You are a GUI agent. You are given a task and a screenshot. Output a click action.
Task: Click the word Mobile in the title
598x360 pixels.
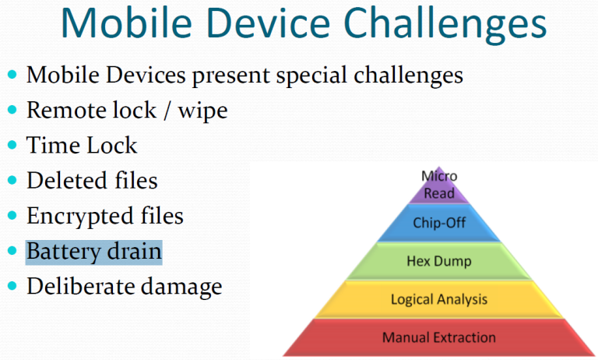tap(126, 23)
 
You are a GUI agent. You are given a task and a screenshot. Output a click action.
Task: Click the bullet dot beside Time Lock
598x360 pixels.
tap(12, 145)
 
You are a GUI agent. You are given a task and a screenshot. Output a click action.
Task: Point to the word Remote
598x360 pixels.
tap(64, 110)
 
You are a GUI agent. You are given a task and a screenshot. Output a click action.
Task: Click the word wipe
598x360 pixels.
tap(203, 112)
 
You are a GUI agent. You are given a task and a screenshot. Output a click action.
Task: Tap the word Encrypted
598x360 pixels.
tap(80, 217)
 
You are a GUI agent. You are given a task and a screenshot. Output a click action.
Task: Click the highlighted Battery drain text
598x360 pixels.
tap(93, 252)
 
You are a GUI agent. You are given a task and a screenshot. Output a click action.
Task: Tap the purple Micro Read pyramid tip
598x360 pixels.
tap(439, 185)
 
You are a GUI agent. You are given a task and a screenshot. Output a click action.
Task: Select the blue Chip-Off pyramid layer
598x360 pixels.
tap(439, 223)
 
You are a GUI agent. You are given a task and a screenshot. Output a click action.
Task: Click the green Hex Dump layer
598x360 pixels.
tap(439, 261)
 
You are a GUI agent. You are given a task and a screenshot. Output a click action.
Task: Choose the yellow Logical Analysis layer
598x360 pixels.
tap(439, 299)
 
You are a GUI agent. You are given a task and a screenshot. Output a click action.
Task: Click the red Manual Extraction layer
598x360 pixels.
tap(439, 337)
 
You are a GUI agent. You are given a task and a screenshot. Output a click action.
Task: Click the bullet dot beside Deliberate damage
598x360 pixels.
tap(12, 286)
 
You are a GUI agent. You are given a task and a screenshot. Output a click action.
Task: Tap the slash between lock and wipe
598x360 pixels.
tap(167, 111)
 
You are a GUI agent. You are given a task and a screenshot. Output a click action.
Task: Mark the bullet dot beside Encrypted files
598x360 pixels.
tap(12, 215)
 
